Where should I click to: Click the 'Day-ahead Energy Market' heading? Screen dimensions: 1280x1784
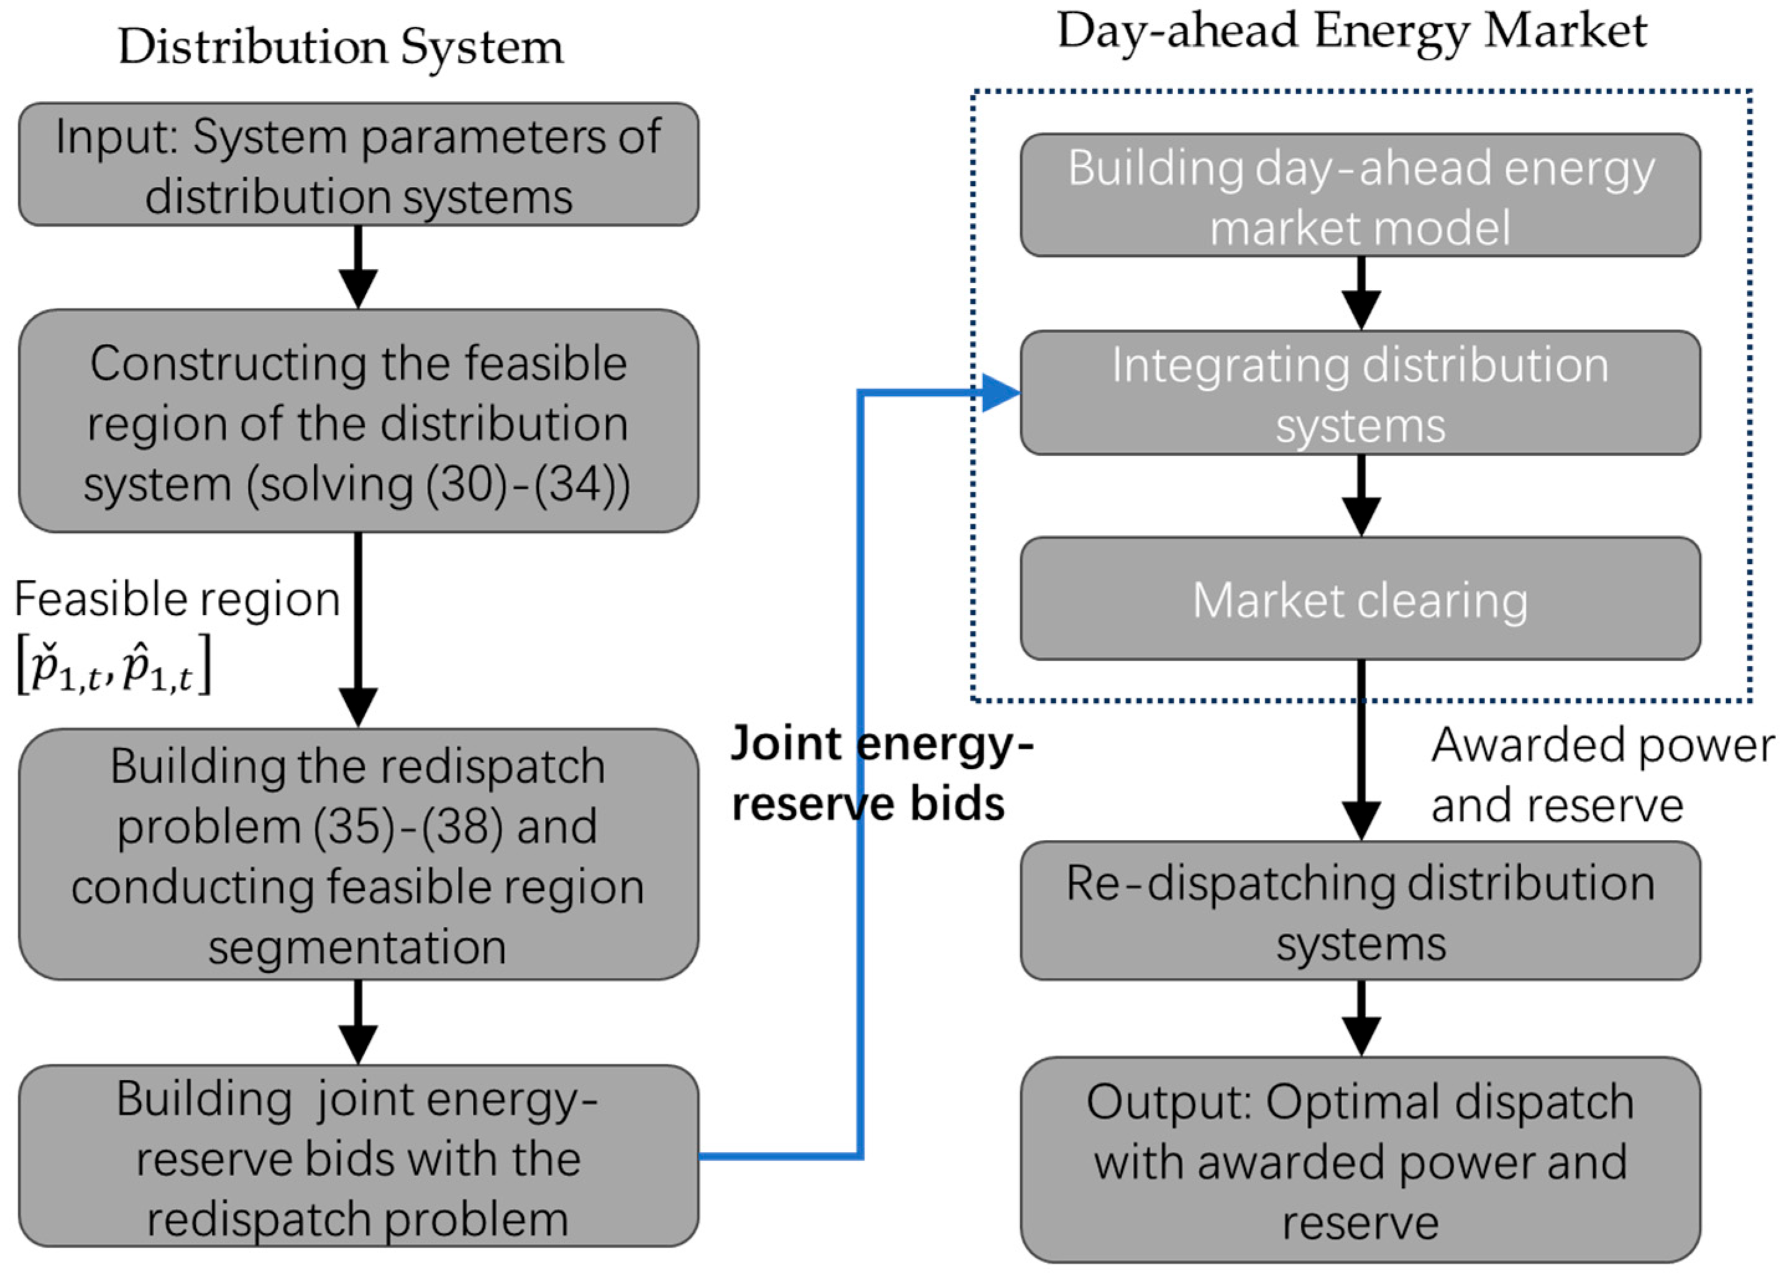tap(1352, 32)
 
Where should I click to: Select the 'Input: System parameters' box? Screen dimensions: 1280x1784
tap(359, 165)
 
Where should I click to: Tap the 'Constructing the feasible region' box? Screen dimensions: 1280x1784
tap(359, 421)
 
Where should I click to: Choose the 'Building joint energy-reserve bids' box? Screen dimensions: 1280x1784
tap(359, 1156)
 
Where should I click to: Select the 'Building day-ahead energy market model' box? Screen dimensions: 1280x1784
tap(1361, 196)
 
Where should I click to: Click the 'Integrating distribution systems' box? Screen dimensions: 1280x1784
tap(1361, 394)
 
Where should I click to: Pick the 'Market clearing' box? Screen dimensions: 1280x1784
tap(1361, 599)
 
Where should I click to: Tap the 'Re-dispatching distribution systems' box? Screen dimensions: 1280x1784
tap(1361, 911)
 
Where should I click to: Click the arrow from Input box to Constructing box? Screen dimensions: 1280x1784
tap(359, 267)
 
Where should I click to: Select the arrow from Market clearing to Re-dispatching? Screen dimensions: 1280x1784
tap(1361, 752)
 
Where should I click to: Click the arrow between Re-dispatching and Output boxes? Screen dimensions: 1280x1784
tap(1361, 1019)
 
